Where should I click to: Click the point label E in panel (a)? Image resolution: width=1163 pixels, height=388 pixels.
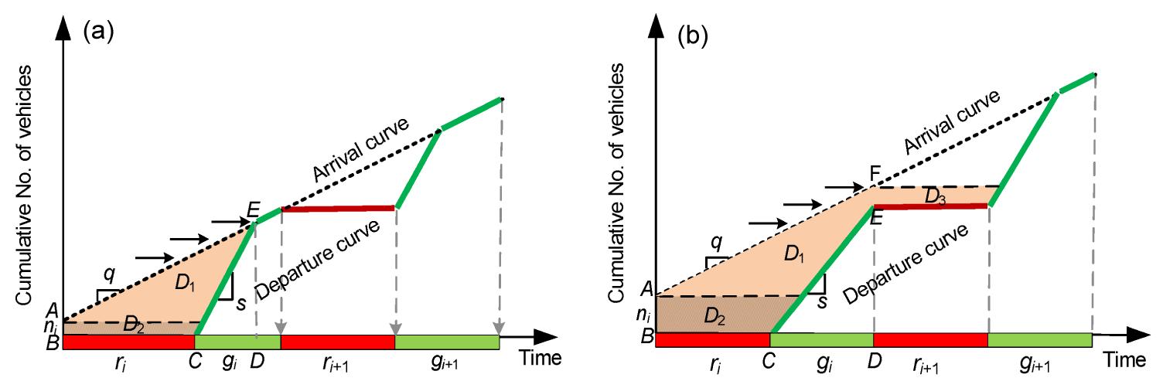tap(252, 211)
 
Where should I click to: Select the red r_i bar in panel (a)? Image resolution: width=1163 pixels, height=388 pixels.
tap(129, 341)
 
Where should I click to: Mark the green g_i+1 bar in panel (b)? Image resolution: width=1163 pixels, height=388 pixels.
tap(1039, 339)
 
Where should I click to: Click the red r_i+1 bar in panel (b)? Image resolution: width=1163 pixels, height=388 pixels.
tap(930, 339)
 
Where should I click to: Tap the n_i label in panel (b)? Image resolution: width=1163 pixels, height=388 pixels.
tap(642, 315)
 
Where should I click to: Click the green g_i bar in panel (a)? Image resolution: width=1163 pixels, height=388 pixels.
tap(237, 341)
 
